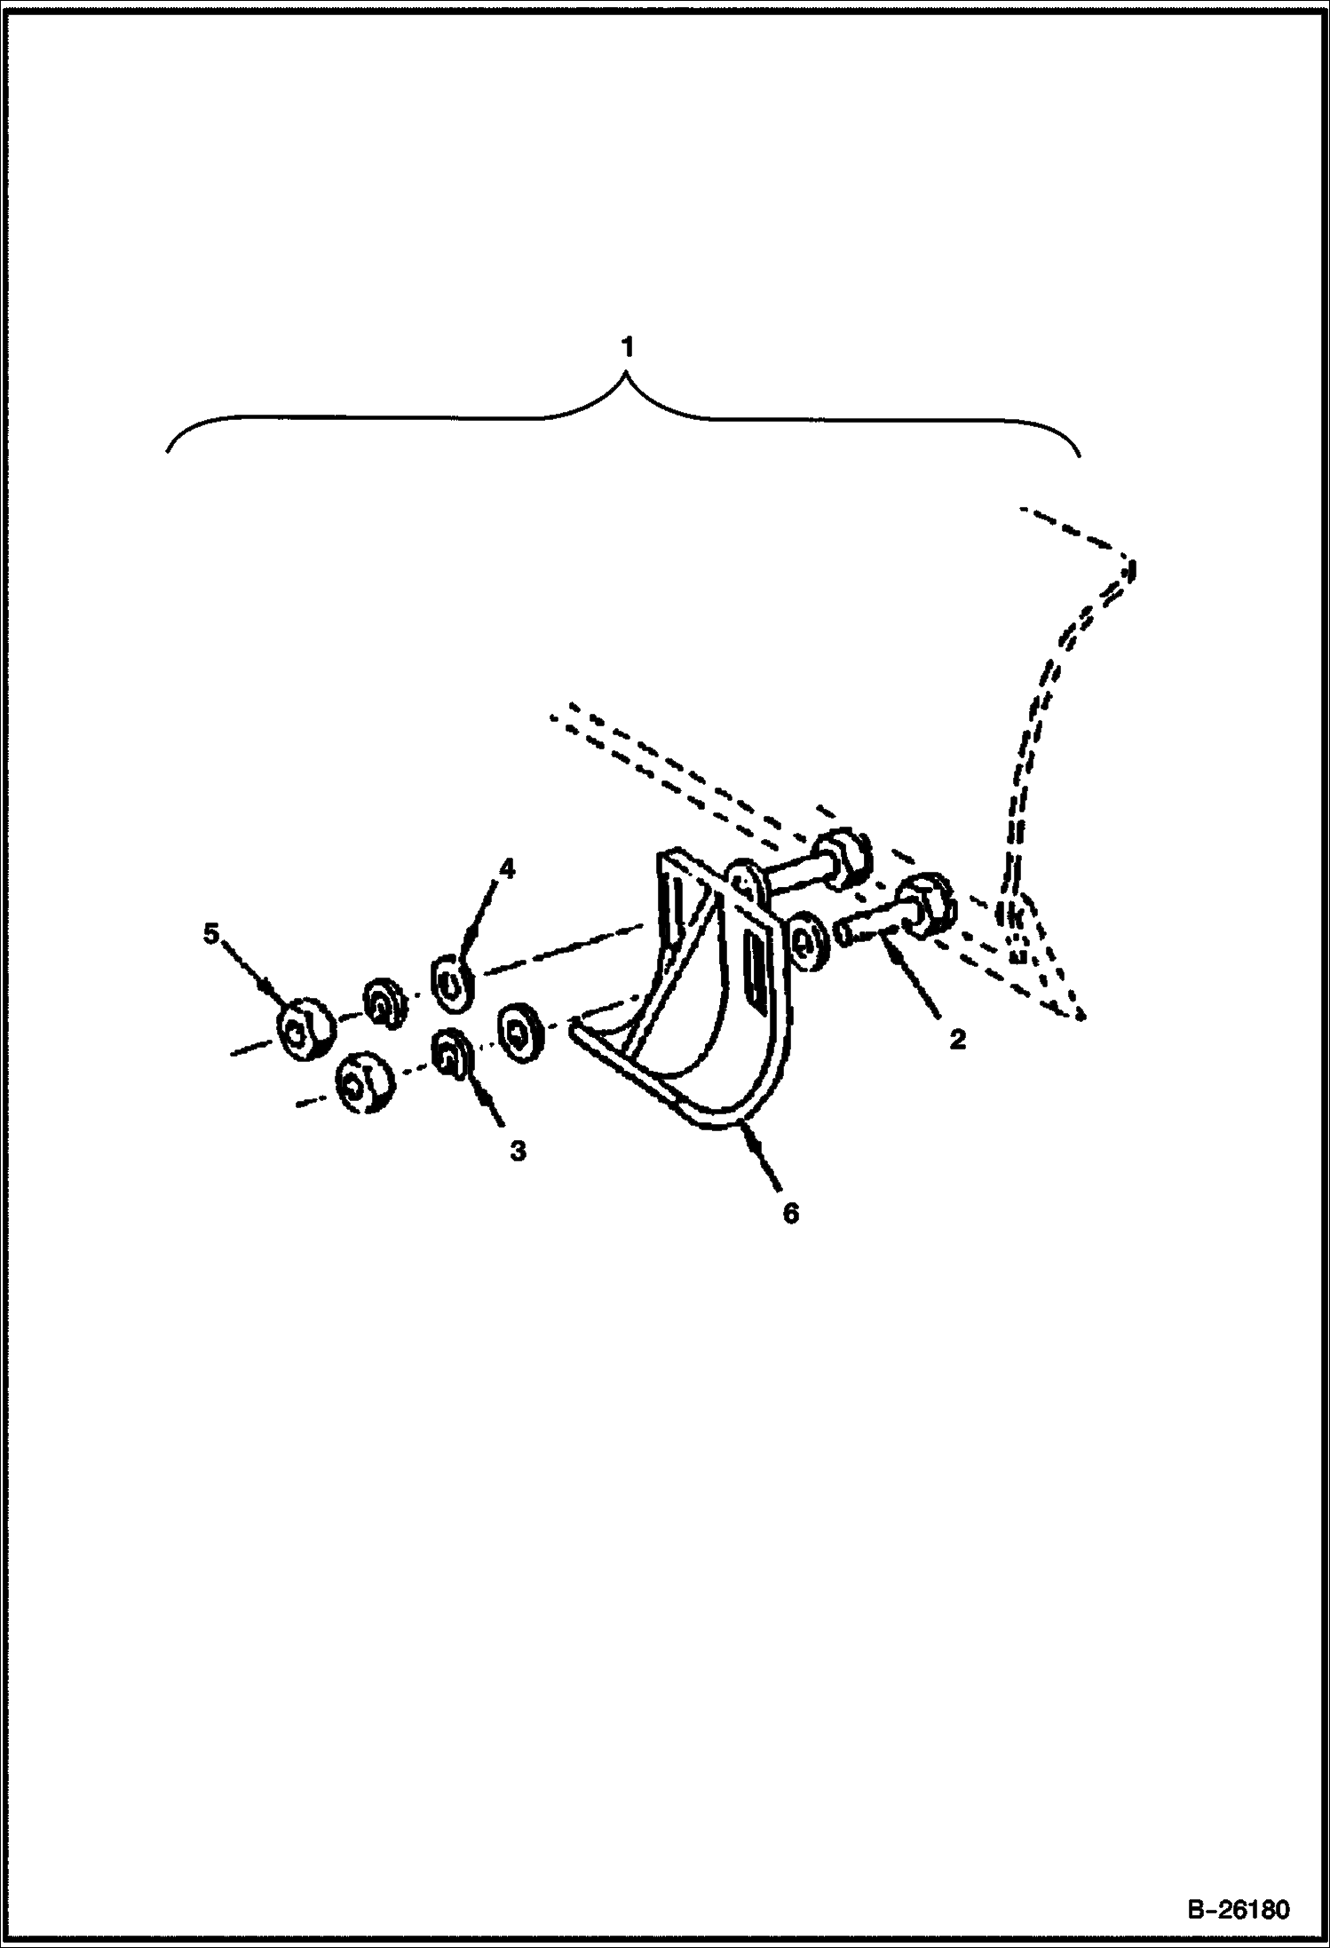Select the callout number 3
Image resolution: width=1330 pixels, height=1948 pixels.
point(518,1152)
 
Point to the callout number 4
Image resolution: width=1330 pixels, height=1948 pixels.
point(506,869)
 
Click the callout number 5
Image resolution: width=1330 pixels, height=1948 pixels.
point(211,934)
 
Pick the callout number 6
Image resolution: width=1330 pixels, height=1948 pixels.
point(790,1212)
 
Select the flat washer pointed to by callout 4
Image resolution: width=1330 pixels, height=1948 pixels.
point(453,979)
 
